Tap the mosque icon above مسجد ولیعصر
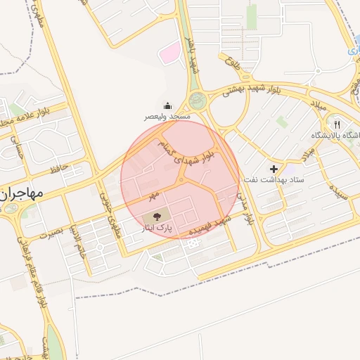[166, 104]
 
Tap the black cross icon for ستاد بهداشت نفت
[274, 169]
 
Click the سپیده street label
[342, 191]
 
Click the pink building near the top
[169, 51]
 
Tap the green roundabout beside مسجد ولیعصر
[197, 101]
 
